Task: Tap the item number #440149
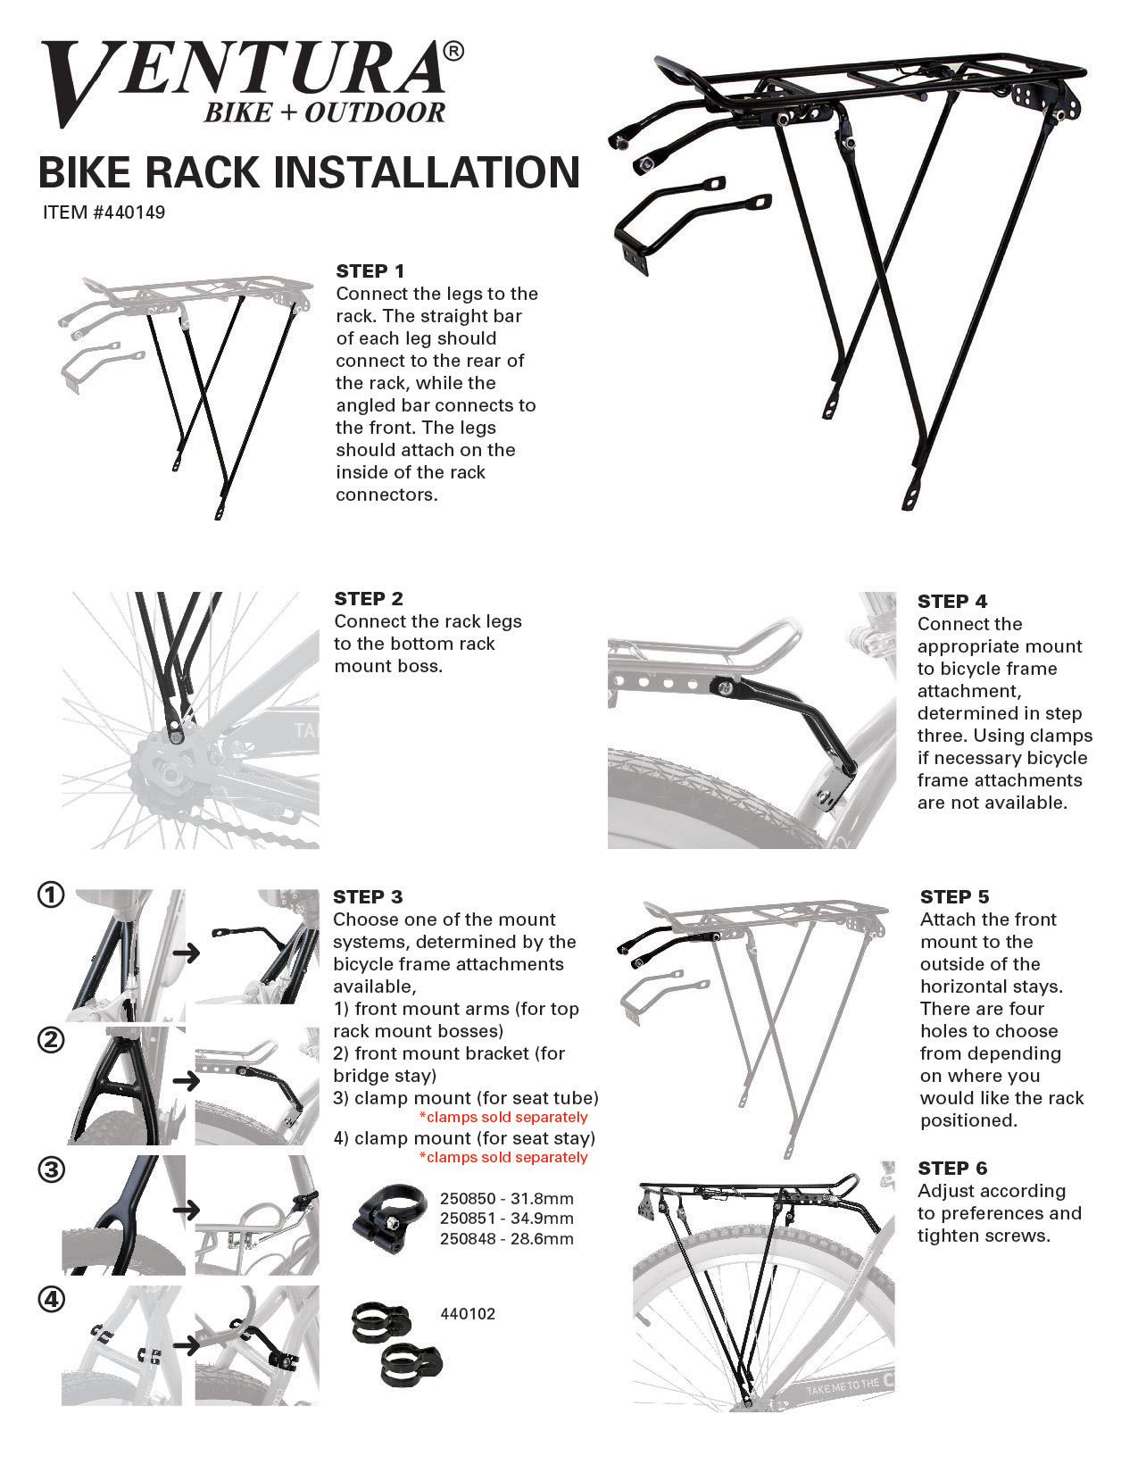coord(104,213)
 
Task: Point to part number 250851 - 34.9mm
coord(506,1219)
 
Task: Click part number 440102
coord(468,1313)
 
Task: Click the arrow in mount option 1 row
coord(186,953)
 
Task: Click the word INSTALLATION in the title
coord(426,171)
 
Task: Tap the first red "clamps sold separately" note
coord(503,1117)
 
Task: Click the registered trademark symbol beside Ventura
coord(453,53)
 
